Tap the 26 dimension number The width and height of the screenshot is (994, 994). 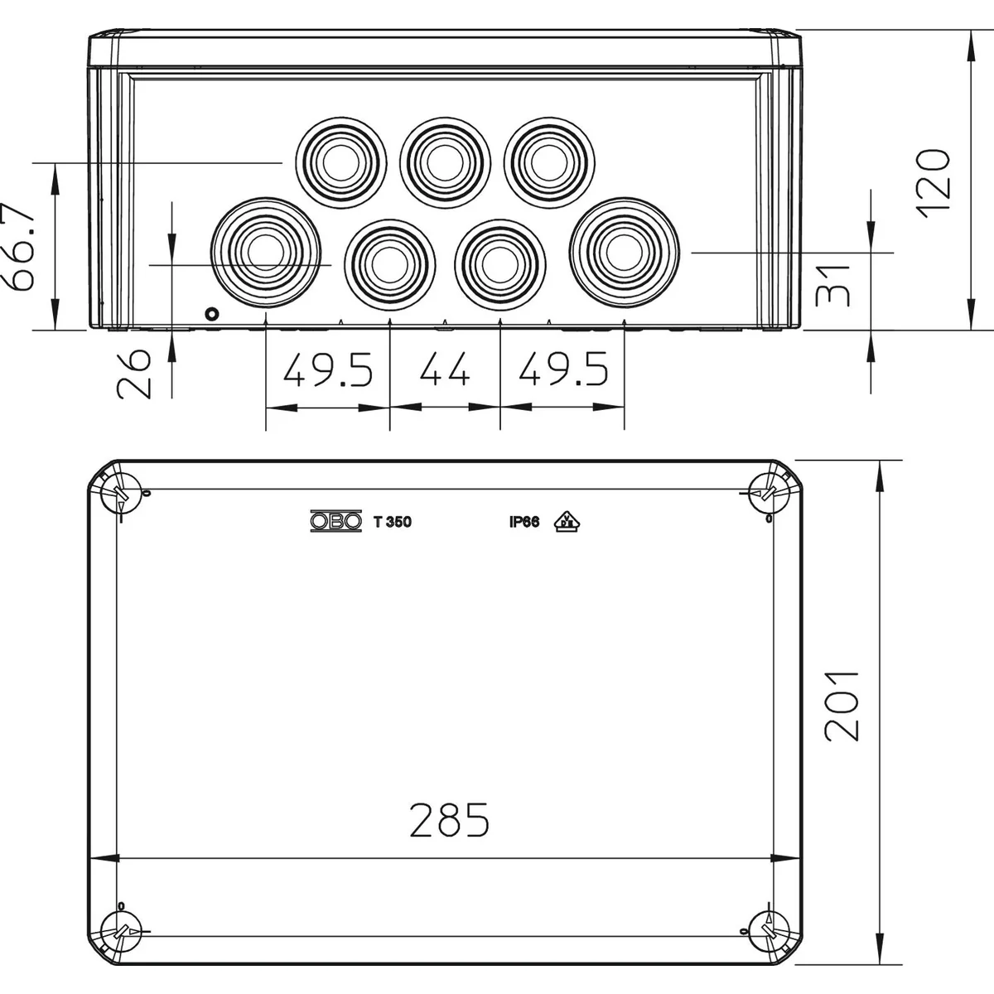coord(134,374)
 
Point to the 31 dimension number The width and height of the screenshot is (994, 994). coord(832,286)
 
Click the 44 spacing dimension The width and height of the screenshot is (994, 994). coord(445,369)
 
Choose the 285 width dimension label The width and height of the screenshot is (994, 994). coord(449,820)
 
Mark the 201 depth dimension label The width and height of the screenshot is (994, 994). coord(842,707)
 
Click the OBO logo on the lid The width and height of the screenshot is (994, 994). coord(336,522)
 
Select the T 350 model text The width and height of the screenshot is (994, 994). coord(393,522)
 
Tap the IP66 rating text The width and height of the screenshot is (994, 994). coord(524,522)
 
